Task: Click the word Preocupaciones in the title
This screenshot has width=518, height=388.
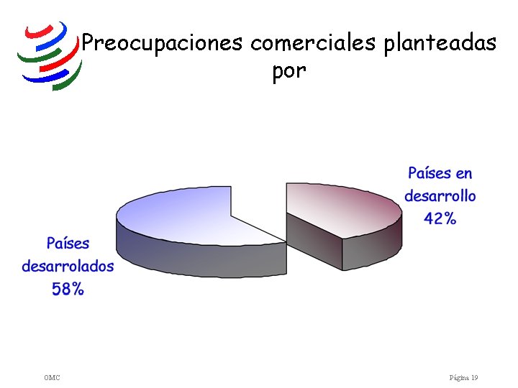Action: (x=162, y=43)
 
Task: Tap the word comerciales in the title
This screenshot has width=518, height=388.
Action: (x=313, y=43)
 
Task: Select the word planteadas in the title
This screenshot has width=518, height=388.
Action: (x=440, y=44)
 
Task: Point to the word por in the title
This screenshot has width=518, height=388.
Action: (x=289, y=71)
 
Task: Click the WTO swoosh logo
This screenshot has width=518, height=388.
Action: (x=50, y=56)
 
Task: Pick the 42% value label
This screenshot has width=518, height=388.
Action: (x=440, y=218)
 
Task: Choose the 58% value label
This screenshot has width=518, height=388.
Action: (x=68, y=289)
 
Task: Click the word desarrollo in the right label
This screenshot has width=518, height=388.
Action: (x=440, y=195)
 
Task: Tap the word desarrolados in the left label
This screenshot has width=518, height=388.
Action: (x=68, y=266)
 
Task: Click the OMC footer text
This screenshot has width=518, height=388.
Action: (x=52, y=377)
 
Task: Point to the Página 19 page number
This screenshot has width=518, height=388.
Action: (x=463, y=377)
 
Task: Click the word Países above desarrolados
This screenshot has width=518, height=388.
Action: (x=68, y=244)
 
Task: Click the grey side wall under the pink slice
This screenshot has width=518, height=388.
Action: (x=373, y=252)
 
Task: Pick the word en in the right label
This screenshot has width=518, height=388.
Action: (x=463, y=174)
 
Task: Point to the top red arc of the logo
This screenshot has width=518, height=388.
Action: (x=39, y=32)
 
